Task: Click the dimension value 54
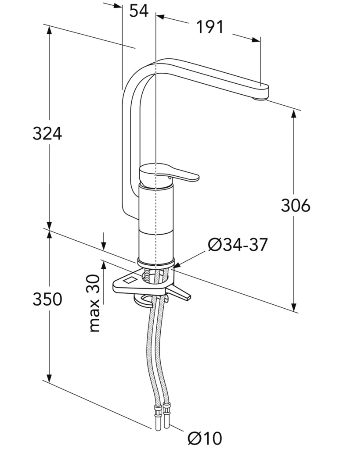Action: [x=139, y=11]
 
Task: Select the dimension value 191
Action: [x=209, y=27]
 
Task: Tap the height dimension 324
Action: [x=47, y=133]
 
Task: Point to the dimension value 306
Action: [x=296, y=205]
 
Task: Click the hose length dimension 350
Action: [x=47, y=299]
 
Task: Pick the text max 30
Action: [x=94, y=303]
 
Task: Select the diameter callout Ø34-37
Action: [x=238, y=245]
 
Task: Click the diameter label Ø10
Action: [x=205, y=438]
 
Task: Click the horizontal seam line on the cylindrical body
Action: [x=156, y=232]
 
